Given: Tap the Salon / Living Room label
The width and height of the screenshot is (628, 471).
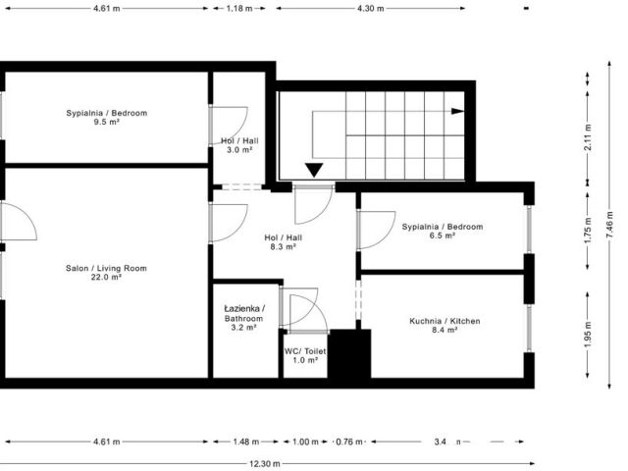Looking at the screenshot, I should click(x=106, y=273).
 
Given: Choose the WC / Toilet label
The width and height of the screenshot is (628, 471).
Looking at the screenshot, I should click(x=305, y=355).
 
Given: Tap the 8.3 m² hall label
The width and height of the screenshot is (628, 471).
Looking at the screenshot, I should click(x=284, y=242).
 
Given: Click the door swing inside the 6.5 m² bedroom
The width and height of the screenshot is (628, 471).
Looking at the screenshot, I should click(x=374, y=230).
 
